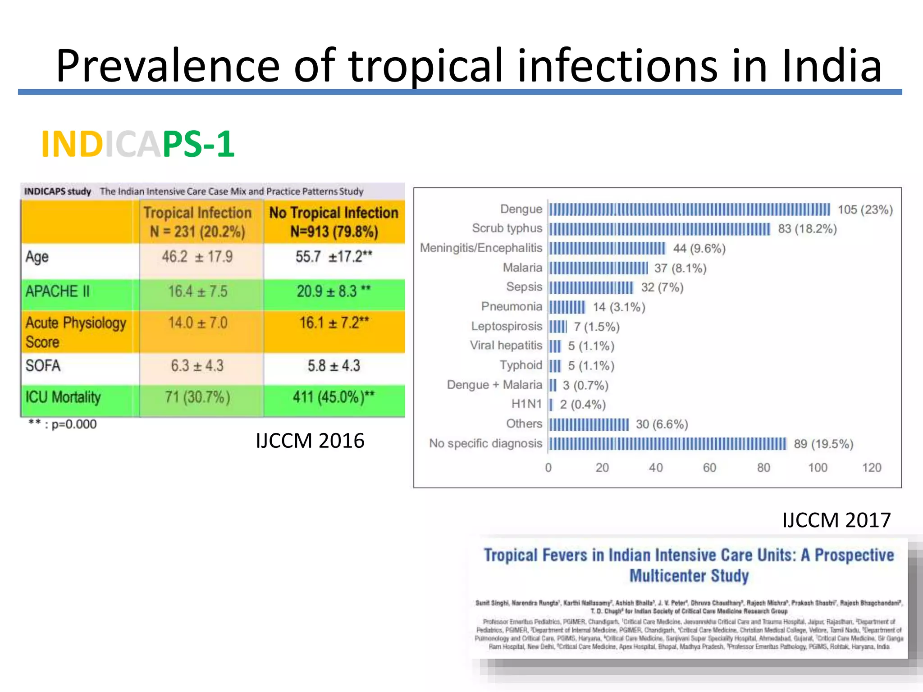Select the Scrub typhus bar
click(659, 229)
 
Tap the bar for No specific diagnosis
click(667, 444)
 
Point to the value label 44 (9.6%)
click(699, 249)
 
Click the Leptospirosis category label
click(507, 326)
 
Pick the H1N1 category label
click(526, 404)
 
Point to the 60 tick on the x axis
click(709, 468)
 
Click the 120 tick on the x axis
click(871, 468)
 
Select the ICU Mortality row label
click(63, 397)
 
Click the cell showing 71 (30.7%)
click(197, 397)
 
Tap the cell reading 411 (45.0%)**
click(334, 397)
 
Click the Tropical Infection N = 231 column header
click(197, 222)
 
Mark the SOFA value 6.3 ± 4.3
click(197, 366)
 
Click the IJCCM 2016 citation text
click(310, 441)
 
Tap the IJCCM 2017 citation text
click(836, 520)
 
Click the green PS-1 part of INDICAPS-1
click(198, 144)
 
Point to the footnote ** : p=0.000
click(63, 424)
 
